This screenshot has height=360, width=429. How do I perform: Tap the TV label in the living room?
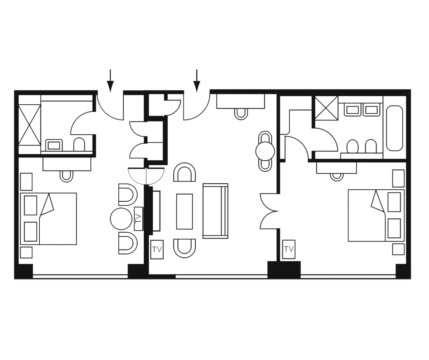click(x=157, y=250)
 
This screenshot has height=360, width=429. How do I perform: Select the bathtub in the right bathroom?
click(x=394, y=128)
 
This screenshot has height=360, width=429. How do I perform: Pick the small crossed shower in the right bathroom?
click(x=326, y=108)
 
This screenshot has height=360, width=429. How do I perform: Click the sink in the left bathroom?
click(x=53, y=145)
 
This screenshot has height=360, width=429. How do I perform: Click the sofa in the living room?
click(x=215, y=211)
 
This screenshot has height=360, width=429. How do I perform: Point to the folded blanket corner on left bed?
click(x=48, y=204)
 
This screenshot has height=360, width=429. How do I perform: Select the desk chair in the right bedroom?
click(x=337, y=176)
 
